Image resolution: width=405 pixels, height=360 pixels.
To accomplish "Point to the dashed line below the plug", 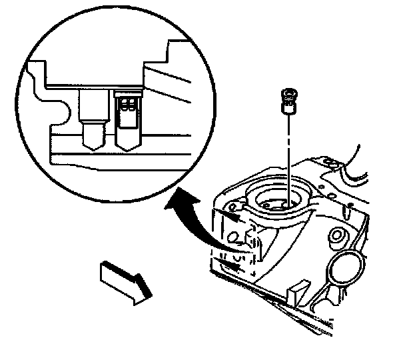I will [288, 153].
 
